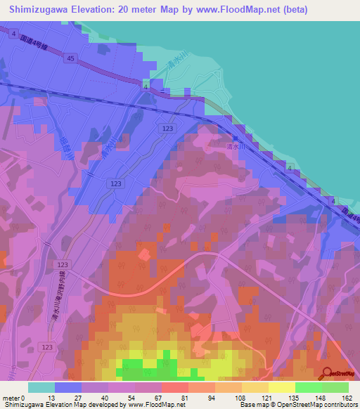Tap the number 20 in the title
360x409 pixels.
point(127,11)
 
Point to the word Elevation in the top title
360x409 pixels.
point(95,11)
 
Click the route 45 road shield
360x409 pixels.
point(70,59)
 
